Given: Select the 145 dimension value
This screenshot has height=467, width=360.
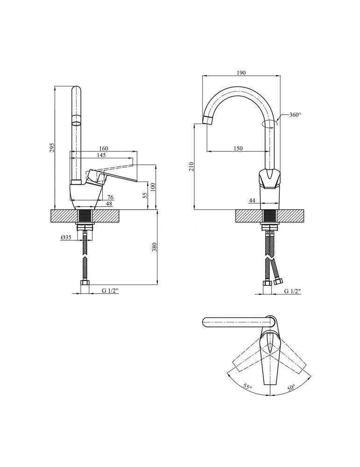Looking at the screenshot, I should [101, 155].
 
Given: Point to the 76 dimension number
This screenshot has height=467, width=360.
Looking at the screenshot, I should [110, 197].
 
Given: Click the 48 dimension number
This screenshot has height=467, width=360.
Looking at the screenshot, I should [109, 204].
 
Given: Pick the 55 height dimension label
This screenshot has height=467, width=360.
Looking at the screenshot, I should [145, 196].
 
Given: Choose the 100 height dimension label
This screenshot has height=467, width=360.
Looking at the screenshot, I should [153, 187].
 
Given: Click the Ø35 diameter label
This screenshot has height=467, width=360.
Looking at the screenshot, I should [66, 238].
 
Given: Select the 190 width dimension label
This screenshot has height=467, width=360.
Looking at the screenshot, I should [241, 73].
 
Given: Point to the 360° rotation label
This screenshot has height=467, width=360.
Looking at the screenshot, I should [295, 115].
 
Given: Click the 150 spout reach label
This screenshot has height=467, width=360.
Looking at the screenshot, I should [238, 149].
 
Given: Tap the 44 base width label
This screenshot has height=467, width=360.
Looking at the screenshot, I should [252, 200].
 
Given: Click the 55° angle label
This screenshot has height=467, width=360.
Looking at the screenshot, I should [247, 387].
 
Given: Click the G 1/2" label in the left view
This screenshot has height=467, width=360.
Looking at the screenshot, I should [110, 291].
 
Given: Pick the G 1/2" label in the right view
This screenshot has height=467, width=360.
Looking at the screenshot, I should [292, 291].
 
